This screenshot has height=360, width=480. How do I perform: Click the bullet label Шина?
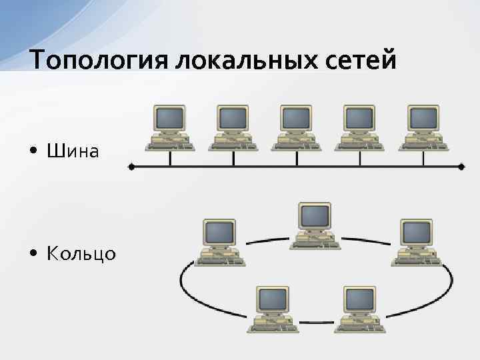click(x=73, y=152)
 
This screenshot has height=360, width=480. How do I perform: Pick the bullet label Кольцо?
click(x=81, y=254)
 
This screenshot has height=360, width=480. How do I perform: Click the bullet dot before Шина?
click(x=33, y=153)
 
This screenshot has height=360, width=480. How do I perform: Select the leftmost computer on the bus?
click(x=170, y=127)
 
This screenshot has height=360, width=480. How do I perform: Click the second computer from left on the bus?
click(x=233, y=127)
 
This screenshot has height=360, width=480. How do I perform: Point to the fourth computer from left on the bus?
click(x=360, y=127)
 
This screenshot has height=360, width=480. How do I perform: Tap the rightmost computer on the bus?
click(x=423, y=127)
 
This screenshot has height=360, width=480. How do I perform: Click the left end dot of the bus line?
click(x=131, y=167)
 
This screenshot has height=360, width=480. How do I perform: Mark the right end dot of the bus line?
click(x=462, y=167)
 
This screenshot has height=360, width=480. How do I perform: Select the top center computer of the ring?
click(x=314, y=225)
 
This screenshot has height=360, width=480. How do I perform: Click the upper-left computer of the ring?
click(x=219, y=241)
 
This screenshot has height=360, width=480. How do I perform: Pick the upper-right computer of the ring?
click(x=415, y=241)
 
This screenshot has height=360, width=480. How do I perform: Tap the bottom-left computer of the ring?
click(x=273, y=309)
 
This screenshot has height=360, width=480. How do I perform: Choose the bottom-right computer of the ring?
click(x=360, y=309)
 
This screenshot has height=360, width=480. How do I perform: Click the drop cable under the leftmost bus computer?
click(x=171, y=159)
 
